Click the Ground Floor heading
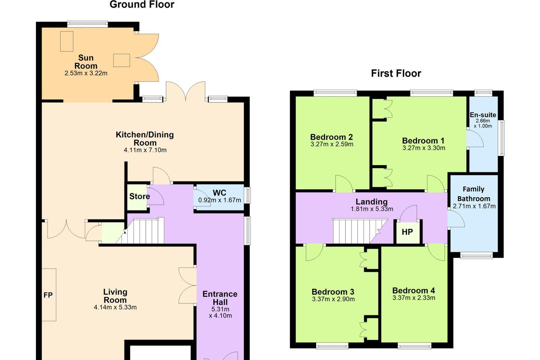[142, 4]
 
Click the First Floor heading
[396, 73]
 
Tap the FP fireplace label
[48, 295]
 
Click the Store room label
[139, 196]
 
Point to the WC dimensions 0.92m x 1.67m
[220, 200]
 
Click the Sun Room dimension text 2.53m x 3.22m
[86, 73]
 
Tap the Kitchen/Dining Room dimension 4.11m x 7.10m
[145, 150]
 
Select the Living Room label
[115, 296]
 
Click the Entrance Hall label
[220, 298]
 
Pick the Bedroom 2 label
[331, 137]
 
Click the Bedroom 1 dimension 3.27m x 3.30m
[424, 148]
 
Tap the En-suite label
[483, 115]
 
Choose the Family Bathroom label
[474, 194]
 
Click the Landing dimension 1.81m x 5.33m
[372, 209]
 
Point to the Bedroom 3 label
[333, 292]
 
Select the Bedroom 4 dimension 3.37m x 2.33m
[414, 298]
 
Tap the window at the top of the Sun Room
[87, 24]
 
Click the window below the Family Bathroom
[476, 255]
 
